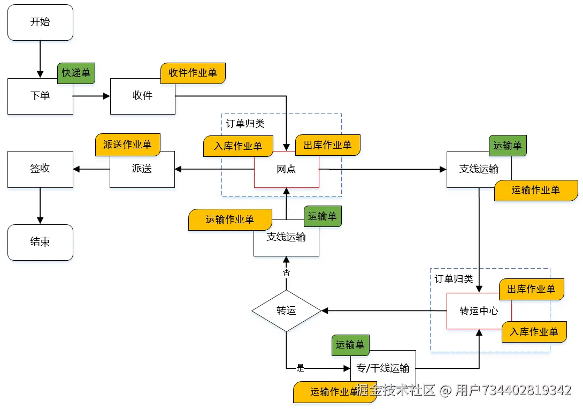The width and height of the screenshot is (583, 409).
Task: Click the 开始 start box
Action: pyautogui.click(x=40, y=22)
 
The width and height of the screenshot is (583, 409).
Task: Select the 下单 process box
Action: pyautogui.click(x=40, y=96)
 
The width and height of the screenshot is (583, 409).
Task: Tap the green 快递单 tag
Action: pyautogui.click(x=76, y=73)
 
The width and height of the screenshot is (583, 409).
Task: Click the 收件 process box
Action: pyautogui.click(x=142, y=96)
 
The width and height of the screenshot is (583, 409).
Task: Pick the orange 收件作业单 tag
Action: pyautogui.click(x=193, y=73)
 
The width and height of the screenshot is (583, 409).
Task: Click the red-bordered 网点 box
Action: pyautogui.click(x=286, y=170)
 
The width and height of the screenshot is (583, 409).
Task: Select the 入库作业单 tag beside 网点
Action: pyautogui.click(x=238, y=146)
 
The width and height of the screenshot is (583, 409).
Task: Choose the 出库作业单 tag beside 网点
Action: pyautogui.click(x=327, y=145)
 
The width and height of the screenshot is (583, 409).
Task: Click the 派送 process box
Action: pyautogui.click(x=142, y=169)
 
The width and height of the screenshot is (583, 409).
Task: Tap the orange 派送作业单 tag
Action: pyautogui.click(x=127, y=145)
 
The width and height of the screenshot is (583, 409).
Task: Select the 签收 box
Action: pyautogui.click(x=40, y=169)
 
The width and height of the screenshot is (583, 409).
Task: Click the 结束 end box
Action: pyautogui.click(x=40, y=242)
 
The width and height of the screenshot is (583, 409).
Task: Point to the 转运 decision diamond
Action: pyautogui.click(x=286, y=311)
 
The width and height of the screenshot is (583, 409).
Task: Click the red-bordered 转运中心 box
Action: pyautogui.click(x=479, y=311)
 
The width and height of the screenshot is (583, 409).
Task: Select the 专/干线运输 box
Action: pyautogui.click(x=383, y=368)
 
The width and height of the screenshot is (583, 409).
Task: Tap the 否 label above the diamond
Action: pyautogui.click(x=286, y=272)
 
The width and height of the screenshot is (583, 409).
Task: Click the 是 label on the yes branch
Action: pyautogui.click(x=300, y=368)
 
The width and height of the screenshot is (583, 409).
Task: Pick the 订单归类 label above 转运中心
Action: pyautogui.click(x=454, y=279)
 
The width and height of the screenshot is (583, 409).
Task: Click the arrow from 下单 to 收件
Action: pyautogui.click(x=91, y=96)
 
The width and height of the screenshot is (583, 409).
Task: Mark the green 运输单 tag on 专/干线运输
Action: pyautogui.click(x=350, y=345)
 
